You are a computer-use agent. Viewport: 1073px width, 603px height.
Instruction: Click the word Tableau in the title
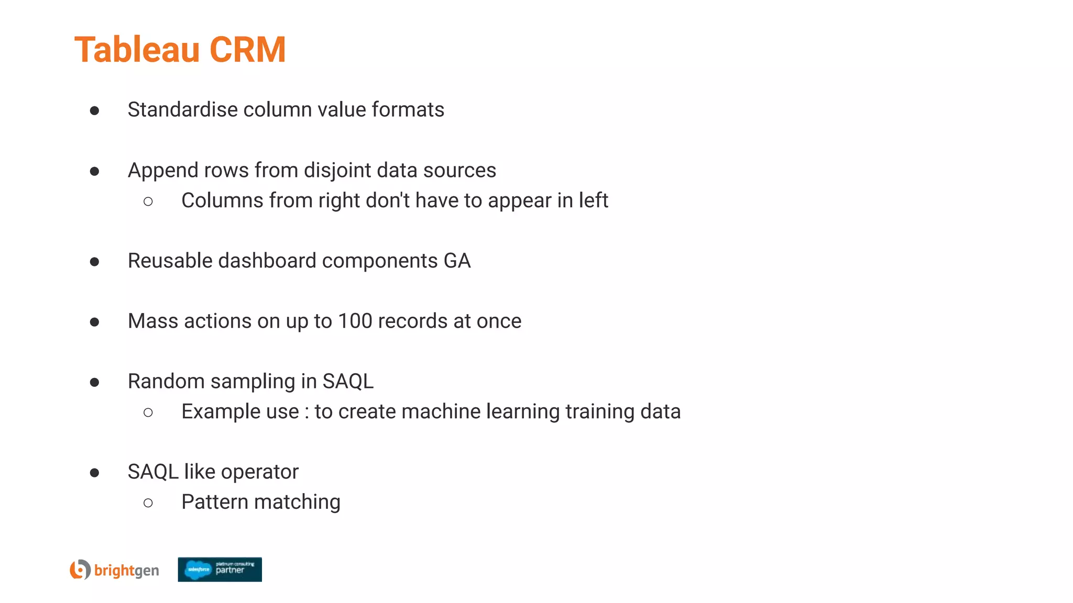(137, 50)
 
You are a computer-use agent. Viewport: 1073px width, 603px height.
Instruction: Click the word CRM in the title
(247, 50)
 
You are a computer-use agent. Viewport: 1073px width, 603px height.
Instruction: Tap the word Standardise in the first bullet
(182, 110)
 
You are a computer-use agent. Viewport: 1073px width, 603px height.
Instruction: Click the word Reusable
(170, 261)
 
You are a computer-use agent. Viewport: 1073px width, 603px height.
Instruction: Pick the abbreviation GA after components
(457, 261)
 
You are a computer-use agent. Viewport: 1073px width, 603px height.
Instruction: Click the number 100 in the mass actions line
(355, 321)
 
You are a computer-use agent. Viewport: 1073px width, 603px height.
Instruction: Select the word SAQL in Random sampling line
(348, 381)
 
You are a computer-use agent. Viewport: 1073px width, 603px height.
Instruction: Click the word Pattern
(214, 502)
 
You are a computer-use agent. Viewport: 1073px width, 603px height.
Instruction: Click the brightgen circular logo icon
(80, 569)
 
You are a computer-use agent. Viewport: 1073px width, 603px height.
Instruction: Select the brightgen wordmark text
(126, 570)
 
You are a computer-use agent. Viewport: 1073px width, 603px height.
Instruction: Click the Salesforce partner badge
(220, 569)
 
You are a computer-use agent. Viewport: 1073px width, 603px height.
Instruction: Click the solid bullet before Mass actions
(94, 322)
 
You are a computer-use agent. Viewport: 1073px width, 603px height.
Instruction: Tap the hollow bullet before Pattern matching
(148, 503)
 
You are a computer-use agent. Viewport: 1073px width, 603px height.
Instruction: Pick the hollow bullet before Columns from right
(148, 202)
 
